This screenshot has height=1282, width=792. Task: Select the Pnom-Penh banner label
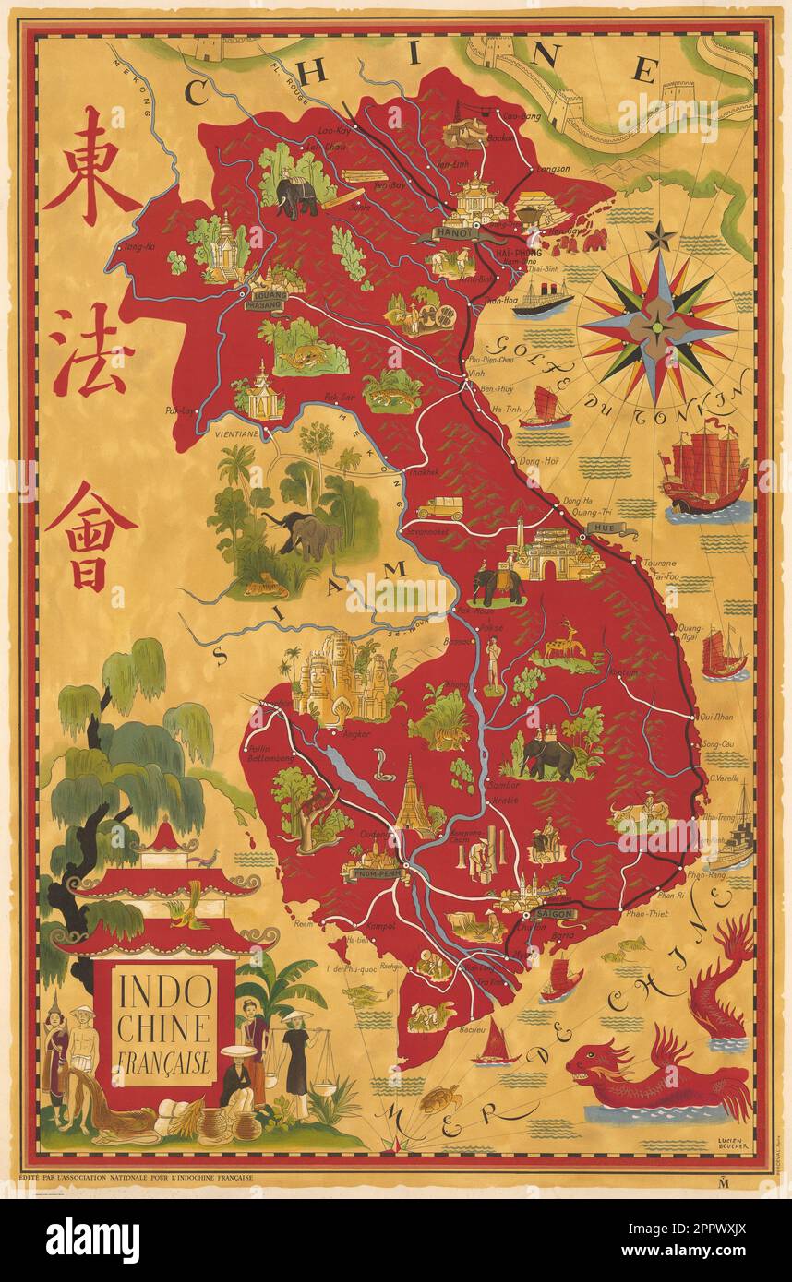click(x=370, y=872)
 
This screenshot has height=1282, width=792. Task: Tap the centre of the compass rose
click(x=657, y=325)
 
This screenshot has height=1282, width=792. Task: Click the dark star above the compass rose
click(x=659, y=238)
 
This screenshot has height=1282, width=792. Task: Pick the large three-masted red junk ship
click(x=705, y=472)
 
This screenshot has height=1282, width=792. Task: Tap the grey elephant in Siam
click(x=306, y=535)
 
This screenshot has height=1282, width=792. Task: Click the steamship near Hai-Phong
click(x=544, y=300)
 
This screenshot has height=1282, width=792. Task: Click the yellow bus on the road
click(x=433, y=508)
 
